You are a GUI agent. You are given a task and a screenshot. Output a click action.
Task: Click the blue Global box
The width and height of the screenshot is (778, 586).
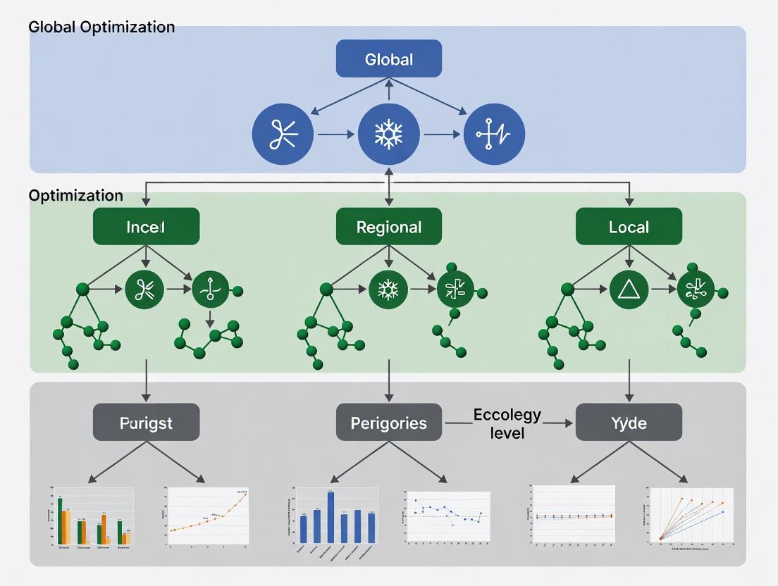pyautogui.click(x=389, y=58)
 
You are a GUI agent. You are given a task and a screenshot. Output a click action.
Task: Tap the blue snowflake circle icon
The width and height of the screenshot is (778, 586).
pyautogui.click(x=389, y=133)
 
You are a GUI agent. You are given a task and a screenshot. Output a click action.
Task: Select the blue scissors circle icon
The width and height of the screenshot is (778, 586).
pyautogui.click(x=283, y=133)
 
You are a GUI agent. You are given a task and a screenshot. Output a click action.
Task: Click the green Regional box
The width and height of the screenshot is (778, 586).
pyautogui.click(x=389, y=227)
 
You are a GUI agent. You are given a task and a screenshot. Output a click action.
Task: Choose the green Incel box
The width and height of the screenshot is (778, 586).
pyautogui.click(x=146, y=227)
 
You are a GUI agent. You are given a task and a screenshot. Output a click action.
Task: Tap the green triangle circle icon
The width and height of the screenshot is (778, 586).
pyautogui.click(x=627, y=289)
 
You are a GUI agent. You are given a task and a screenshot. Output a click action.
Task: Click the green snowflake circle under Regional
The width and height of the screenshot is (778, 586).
pyautogui.click(x=388, y=289)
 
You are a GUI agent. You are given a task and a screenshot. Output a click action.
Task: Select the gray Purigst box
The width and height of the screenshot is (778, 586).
pyautogui.click(x=146, y=423)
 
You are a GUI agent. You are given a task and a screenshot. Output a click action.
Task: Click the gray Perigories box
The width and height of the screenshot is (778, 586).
pyautogui.click(x=389, y=423)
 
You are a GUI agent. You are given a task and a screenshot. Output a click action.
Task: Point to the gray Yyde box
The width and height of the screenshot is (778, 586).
pyautogui.click(x=629, y=423)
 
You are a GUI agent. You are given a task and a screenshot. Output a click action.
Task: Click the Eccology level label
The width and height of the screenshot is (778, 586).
pyautogui.click(x=507, y=423)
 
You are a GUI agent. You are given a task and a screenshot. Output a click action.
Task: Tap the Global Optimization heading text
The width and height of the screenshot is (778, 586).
pyautogui.click(x=101, y=27)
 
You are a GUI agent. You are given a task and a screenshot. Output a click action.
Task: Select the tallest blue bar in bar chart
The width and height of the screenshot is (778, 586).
pyautogui.click(x=331, y=517)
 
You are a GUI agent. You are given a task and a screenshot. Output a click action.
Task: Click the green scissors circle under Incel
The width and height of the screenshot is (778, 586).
pyautogui.click(x=144, y=289)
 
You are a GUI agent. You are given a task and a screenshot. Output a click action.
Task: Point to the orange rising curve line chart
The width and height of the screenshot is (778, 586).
pyautogui.click(x=208, y=518)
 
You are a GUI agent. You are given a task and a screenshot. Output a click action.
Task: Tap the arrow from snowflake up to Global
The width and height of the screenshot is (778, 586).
pyautogui.click(x=389, y=89)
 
